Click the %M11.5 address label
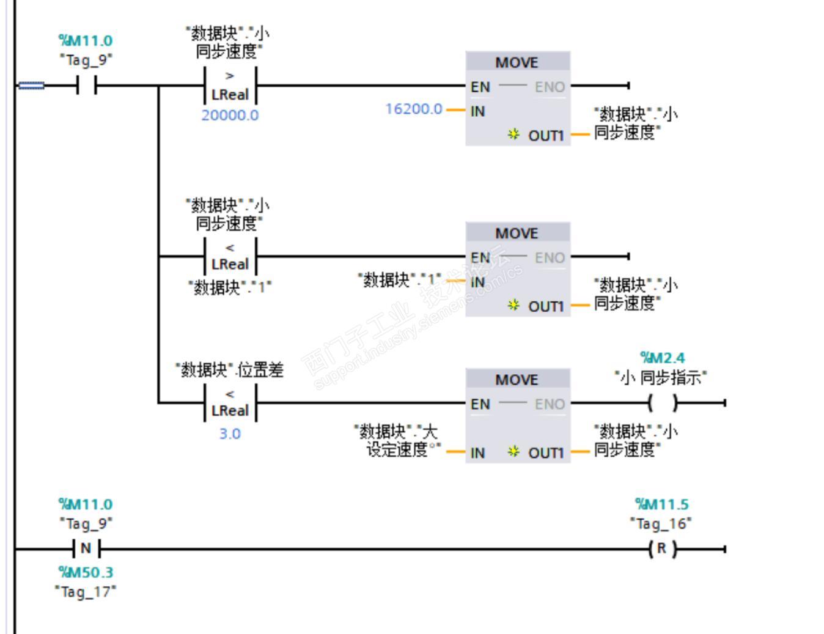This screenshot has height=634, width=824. pos(661,504)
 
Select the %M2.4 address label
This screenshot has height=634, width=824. pos(662,358)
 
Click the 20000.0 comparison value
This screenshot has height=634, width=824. pos(230,115)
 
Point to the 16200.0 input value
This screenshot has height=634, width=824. pos(414,109)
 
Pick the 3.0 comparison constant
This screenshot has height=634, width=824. pos(230,433)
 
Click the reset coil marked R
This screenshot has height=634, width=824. pos(661,549)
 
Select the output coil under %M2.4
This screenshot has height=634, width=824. pos(663,403)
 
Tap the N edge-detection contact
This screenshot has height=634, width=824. pos(86,549)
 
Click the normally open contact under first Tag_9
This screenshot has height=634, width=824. pos(86,86)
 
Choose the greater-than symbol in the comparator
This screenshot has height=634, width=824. pos(230,76)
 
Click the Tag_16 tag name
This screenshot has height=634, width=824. pos(661,523)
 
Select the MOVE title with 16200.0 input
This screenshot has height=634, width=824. pos(517,62)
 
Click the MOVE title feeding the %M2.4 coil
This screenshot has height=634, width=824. pos(517,380)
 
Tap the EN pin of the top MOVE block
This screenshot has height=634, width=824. pos(480,87)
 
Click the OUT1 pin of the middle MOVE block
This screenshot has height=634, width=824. pos(545,306)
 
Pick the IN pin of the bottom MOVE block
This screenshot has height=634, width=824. pos(478,453)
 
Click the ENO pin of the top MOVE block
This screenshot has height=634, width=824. pos(550,87)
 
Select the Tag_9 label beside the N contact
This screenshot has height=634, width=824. pos(86,523)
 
